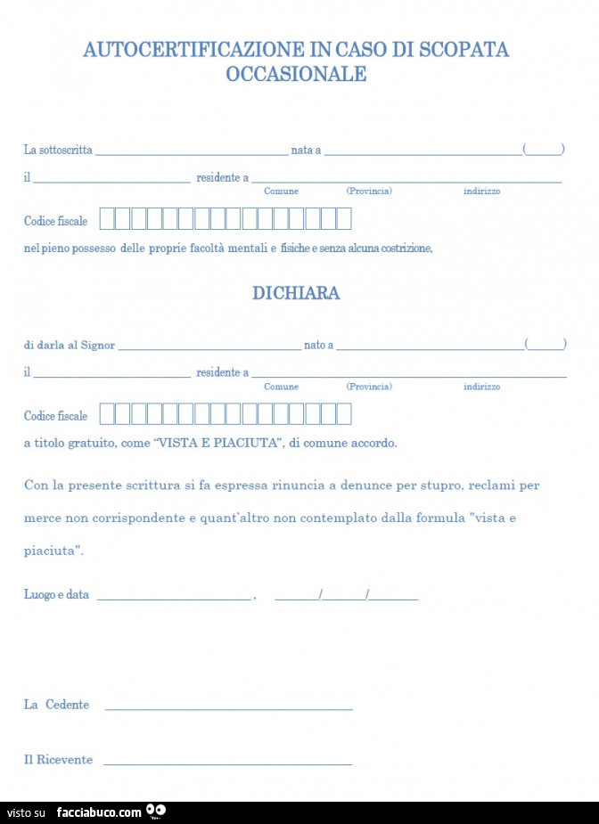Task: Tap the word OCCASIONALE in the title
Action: (x=296, y=74)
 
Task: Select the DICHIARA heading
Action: (x=296, y=293)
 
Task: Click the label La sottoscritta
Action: (x=58, y=151)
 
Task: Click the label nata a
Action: (x=306, y=151)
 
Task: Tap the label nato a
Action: (x=318, y=345)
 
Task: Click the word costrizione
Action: (x=406, y=249)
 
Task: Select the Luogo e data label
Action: (x=56, y=595)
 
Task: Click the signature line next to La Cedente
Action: (x=229, y=709)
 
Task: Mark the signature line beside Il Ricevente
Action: (x=227, y=764)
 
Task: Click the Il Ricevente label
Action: (x=58, y=760)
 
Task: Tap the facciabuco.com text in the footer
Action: (x=99, y=812)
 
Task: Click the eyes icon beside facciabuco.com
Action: (x=156, y=811)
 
